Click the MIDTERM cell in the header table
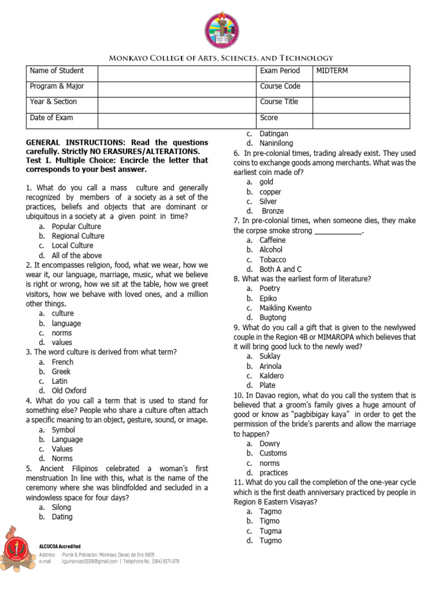(332, 71)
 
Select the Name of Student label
(56, 71)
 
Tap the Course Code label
(280, 86)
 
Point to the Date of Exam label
(51, 118)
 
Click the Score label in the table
(269, 118)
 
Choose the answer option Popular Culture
(76, 227)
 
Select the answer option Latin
(59, 381)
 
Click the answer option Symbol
(63, 430)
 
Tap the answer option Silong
(62, 507)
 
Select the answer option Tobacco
(273, 260)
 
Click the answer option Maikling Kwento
(285, 308)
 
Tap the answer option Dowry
(270, 443)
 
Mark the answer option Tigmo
(269, 521)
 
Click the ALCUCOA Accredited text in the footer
(60, 546)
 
